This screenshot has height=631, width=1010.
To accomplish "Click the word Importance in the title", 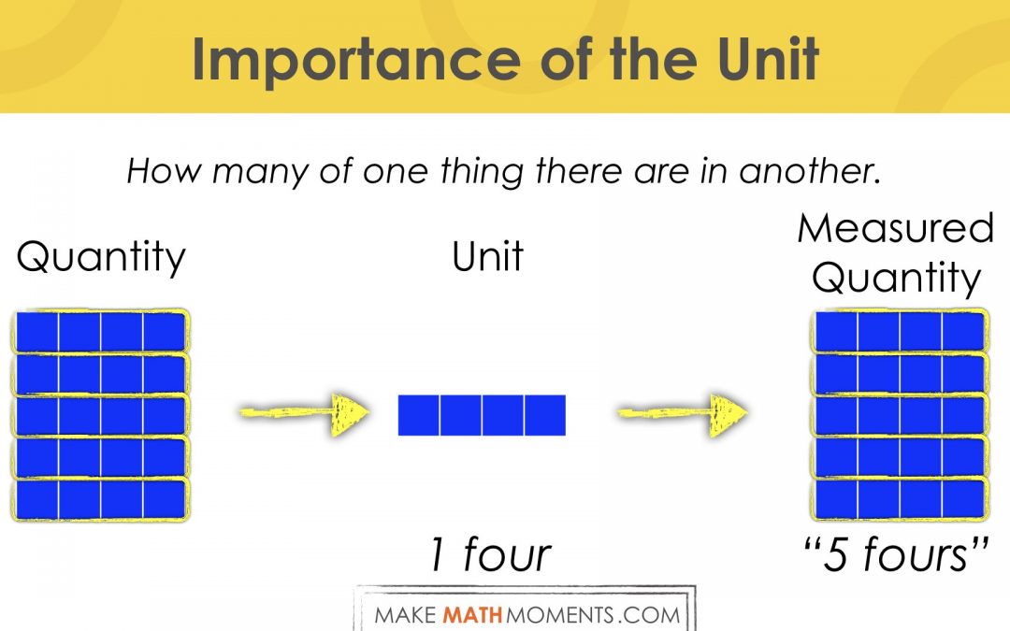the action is tap(356, 60).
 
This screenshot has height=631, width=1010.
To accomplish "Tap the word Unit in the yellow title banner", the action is tap(767, 58).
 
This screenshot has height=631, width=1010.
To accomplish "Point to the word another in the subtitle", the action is tap(809, 171).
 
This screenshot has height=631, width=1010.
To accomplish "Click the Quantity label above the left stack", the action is tap(101, 258).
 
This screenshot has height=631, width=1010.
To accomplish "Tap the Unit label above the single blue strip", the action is tap(487, 256).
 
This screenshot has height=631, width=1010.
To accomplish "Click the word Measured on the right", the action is tap(895, 228).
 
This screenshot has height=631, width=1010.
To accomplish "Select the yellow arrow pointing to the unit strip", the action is tap(304, 413).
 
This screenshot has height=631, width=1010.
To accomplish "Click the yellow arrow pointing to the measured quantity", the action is tap(683, 413).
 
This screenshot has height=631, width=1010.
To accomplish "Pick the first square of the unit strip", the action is tap(419, 415).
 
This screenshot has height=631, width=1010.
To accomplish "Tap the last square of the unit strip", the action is tap(545, 415).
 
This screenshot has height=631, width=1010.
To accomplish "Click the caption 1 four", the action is tap(491, 554).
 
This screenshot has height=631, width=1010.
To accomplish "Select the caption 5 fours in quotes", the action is tap(896, 554).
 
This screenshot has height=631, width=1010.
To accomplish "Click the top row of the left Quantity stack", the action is tap(100, 332).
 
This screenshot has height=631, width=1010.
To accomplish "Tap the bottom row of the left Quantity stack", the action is tap(100, 499).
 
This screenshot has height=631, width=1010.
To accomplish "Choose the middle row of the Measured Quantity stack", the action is tap(900, 415).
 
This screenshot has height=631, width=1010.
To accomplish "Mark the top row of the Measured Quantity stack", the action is tap(900, 332).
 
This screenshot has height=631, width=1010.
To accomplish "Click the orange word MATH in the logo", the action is tap(473, 615).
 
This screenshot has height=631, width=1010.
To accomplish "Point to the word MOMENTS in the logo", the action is tap(560, 615).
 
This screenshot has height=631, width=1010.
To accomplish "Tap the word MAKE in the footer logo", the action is tap(407, 615).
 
